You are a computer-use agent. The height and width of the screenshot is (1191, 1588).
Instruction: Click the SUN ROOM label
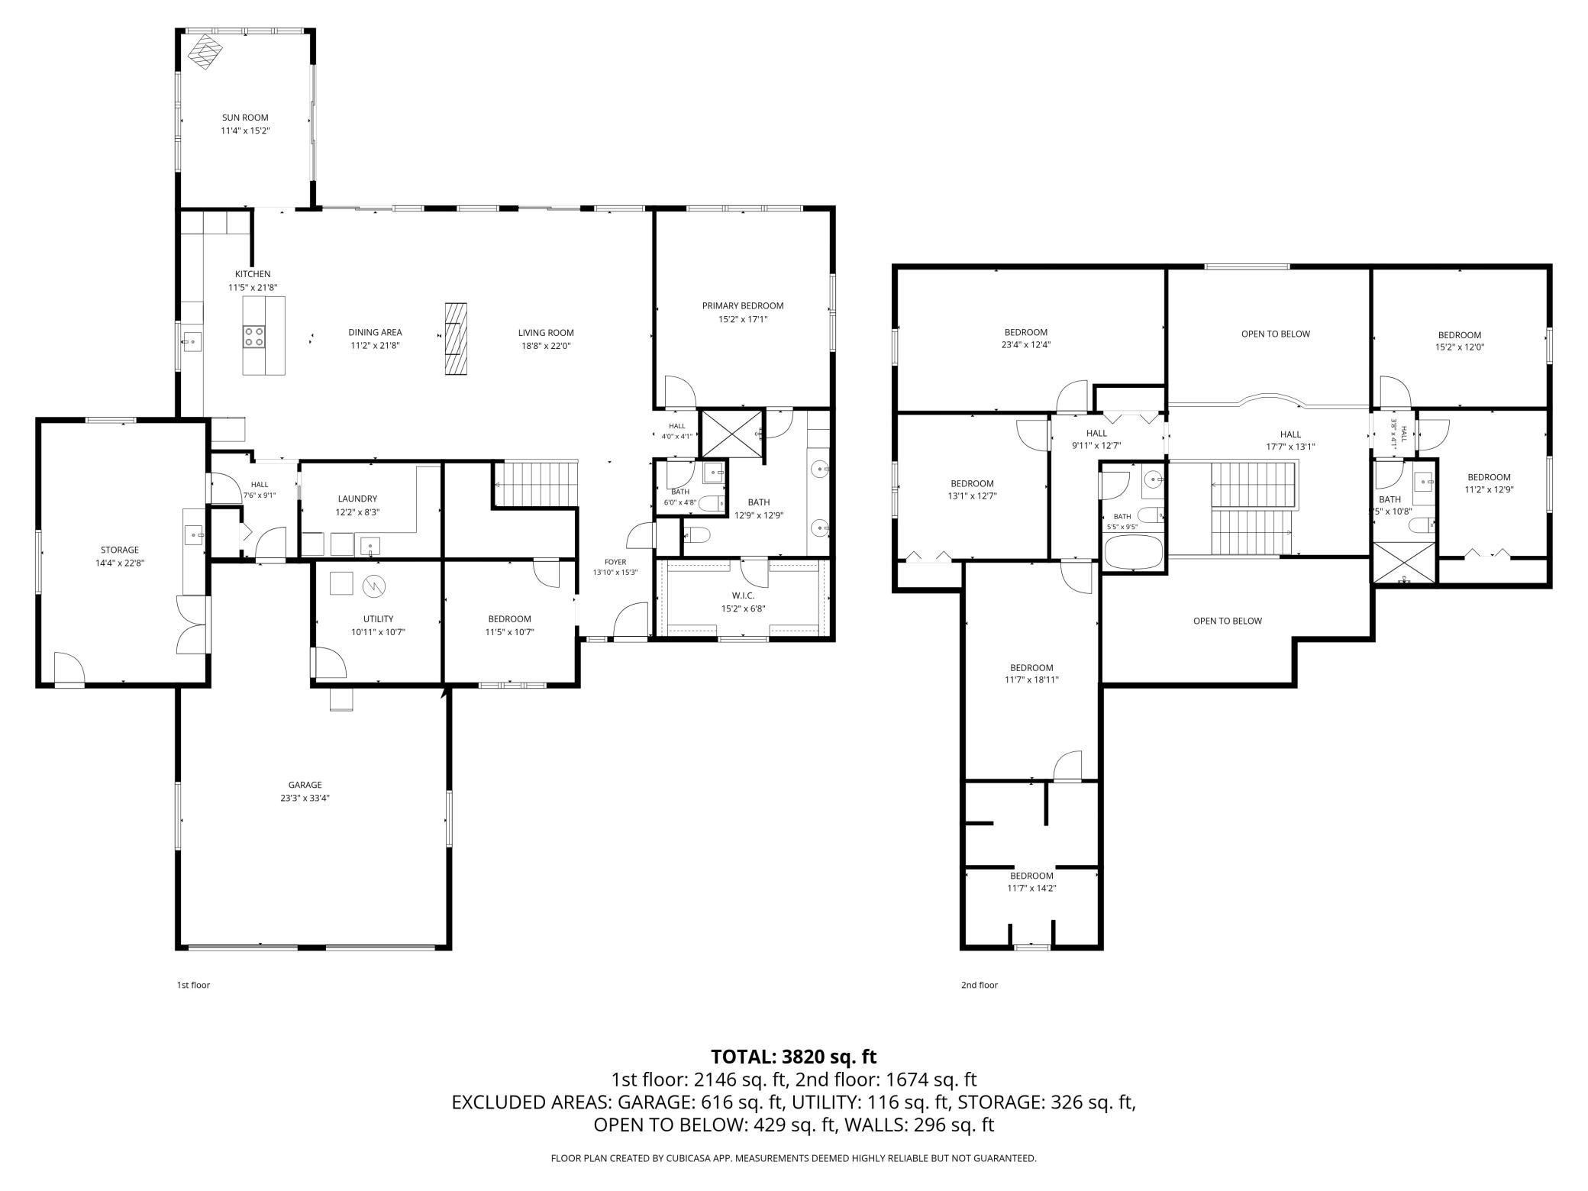pos(245,118)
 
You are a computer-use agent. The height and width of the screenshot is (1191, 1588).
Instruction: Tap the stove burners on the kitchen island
pos(254,337)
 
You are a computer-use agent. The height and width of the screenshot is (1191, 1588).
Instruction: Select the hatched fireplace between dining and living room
pos(456,339)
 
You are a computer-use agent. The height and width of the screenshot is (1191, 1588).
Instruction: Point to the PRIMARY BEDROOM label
pos(743,306)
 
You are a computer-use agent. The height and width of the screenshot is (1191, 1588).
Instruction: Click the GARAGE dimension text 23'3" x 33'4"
pos(305,798)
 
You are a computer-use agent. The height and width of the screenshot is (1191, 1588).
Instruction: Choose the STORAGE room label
pos(120,550)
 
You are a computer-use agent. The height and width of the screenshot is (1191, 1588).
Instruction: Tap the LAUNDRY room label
pos(357,499)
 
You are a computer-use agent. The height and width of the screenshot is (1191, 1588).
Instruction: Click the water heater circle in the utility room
pos(375,586)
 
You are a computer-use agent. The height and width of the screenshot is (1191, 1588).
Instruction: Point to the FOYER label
pos(615,562)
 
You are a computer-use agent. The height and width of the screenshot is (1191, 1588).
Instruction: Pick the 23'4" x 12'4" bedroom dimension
pos(1025,345)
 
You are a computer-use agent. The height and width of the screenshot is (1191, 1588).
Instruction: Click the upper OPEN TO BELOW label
pos(1276,334)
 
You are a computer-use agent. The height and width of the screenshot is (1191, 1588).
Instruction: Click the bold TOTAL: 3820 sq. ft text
pos(794,1057)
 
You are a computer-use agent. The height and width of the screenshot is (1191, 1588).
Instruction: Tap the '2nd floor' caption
pos(980,985)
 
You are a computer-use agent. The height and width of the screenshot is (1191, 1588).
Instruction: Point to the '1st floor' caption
pos(193,985)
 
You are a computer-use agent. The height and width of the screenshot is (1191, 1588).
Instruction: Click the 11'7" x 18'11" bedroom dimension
pos(1031,680)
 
